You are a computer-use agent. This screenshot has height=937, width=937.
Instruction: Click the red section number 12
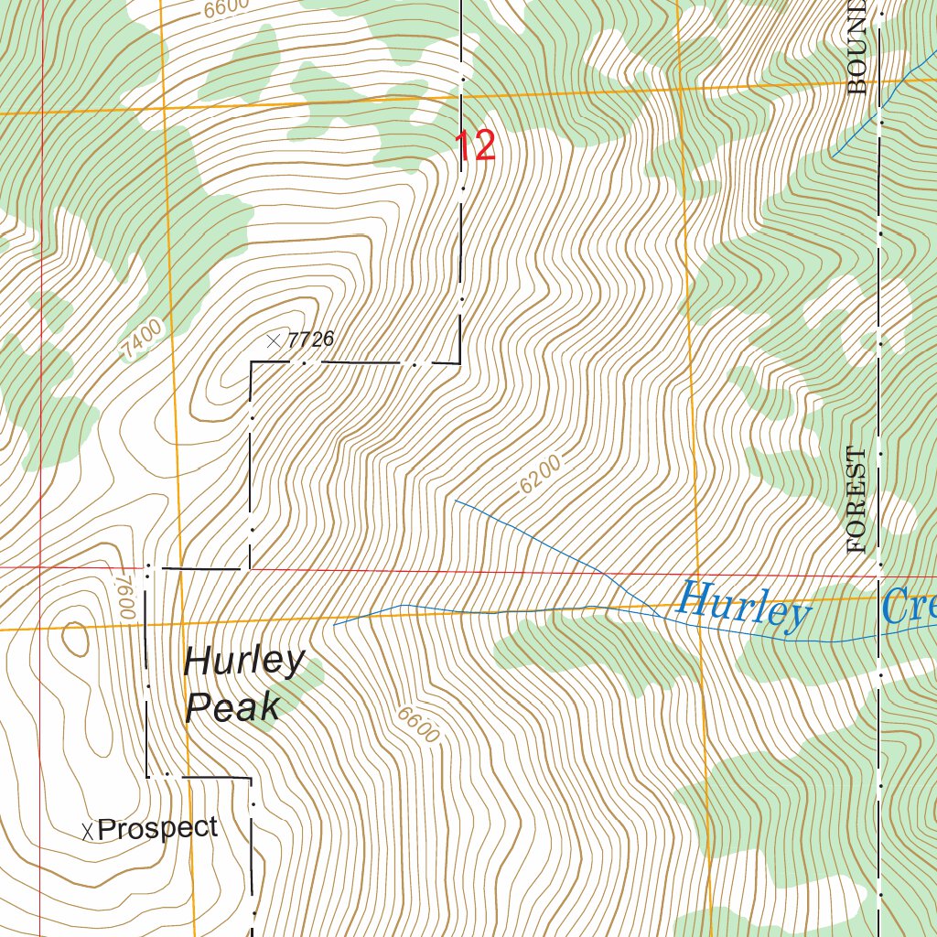(475, 146)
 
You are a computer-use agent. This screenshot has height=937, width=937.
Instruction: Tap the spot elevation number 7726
(309, 339)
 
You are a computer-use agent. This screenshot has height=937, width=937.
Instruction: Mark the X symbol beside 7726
(273, 340)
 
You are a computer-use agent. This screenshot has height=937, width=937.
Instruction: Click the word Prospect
(157, 828)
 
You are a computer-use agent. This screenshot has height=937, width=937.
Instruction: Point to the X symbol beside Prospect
(88, 831)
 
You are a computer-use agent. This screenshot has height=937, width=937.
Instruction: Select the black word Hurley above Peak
(244, 661)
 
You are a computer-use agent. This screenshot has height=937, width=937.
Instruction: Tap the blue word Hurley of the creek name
(744, 606)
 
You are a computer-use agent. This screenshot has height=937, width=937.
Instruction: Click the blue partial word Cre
(910, 606)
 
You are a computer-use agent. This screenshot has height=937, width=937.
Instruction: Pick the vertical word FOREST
(856, 500)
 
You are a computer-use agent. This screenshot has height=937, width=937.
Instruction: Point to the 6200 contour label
(539, 476)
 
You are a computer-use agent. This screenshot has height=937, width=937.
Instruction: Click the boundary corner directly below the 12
(459, 363)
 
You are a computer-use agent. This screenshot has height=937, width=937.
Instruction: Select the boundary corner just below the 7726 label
(252, 363)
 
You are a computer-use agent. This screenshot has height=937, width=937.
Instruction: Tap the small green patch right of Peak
(307, 677)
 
